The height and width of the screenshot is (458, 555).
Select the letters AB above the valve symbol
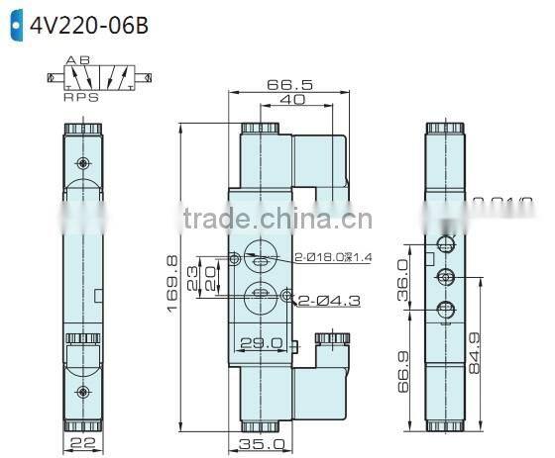[x=77, y=60]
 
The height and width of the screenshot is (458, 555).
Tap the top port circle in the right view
[x=446, y=243]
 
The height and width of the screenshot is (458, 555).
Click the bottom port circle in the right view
[x=446, y=308]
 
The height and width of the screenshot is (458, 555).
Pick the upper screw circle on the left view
[x=82, y=161]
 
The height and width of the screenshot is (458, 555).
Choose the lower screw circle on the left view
[x=82, y=393]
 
